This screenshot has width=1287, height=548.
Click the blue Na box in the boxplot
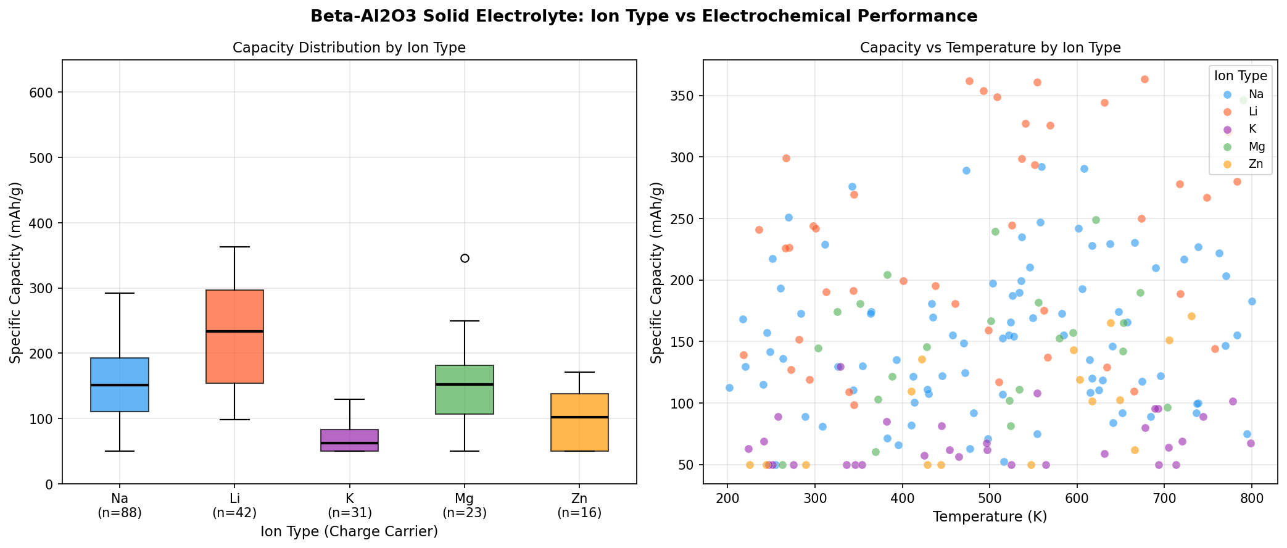point(120,384)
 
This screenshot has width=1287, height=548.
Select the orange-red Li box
point(234,336)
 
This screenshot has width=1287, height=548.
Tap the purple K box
point(350,440)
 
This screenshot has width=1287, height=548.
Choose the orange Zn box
point(579,422)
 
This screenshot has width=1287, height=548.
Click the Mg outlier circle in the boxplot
point(465,258)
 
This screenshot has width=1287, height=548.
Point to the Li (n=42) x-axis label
point(234,505)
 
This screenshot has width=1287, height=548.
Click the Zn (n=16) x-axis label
point(579,505)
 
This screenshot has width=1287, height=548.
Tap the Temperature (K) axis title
point(990,517)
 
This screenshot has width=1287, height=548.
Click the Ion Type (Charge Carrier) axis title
point(349,531)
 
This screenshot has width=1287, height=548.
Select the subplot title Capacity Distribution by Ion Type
point(349,48)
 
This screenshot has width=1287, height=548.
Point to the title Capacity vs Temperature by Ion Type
point(990,48)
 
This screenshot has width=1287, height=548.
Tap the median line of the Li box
point(234,331)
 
